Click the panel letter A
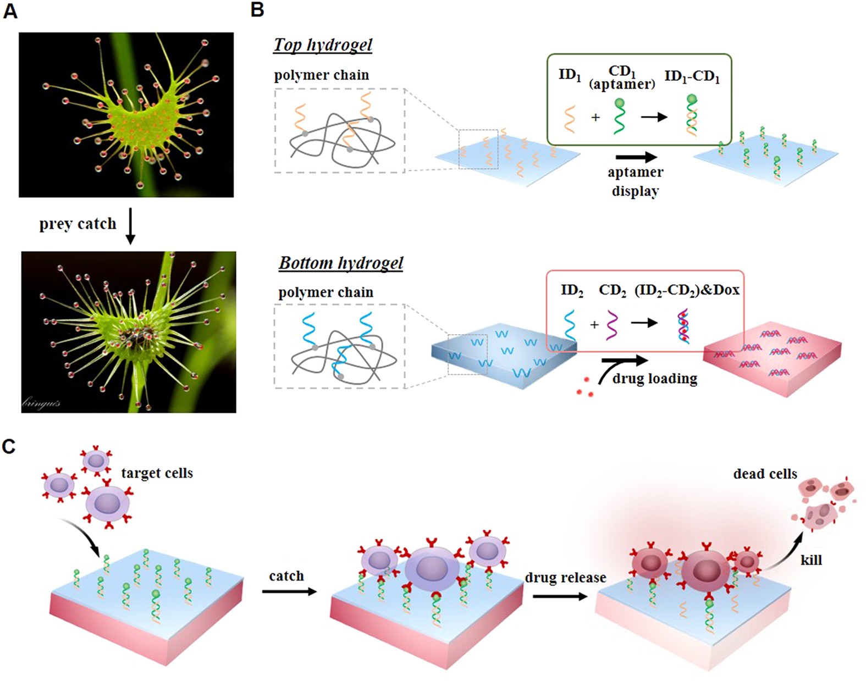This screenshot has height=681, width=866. (x=10, y=11)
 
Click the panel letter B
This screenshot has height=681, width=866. (x=257, y=9)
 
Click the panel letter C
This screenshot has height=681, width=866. (x=9, y=446)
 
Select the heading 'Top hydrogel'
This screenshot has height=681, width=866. (x=323, y=45)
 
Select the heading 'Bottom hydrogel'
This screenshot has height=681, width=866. (x=341, y=263)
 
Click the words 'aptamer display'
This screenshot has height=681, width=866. (x=635, y=181)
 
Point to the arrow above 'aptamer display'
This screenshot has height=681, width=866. (x=636, y=157)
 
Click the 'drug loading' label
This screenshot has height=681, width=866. (x=654, y=379)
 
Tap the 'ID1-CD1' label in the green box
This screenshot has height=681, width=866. (x=692, y=76)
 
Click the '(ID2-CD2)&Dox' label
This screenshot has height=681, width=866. (x=687, y=290)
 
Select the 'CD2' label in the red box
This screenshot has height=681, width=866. (x=612, y=290)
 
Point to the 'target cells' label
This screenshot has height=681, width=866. (x=157, y=473)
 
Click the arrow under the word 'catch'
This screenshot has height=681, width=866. (x=289, y=591)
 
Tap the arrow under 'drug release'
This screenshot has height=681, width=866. (x=560, y=596)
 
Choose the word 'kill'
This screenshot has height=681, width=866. (x=811, y=560)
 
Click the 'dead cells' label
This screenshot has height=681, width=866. (x=765, y=474)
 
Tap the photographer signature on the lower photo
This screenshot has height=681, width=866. (x=41, y=403)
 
